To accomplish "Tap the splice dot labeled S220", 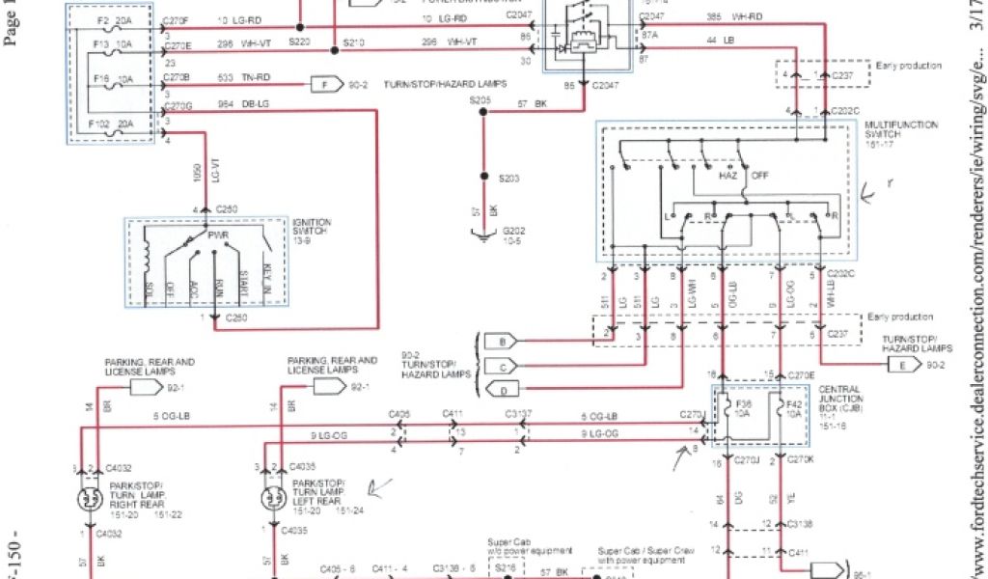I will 299,26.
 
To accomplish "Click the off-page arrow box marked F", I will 325,84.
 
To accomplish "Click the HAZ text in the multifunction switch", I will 727,177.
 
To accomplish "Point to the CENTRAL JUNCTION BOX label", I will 840,396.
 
